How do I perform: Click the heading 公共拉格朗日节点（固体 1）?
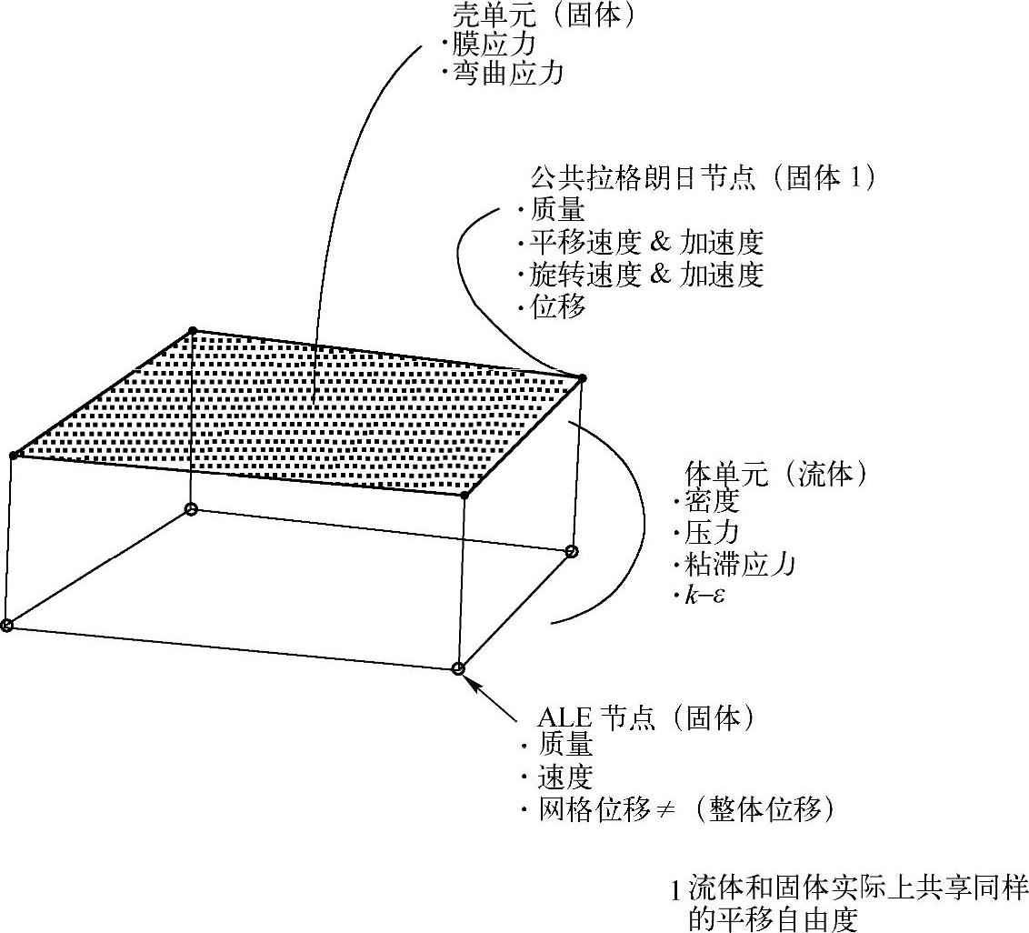(701, 179)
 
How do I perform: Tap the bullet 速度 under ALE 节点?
(565, 777)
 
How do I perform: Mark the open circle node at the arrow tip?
(458, 668)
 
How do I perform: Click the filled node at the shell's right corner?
(582, 377)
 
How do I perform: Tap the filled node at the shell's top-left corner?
(192, 330)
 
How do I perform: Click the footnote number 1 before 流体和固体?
(674, 887)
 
